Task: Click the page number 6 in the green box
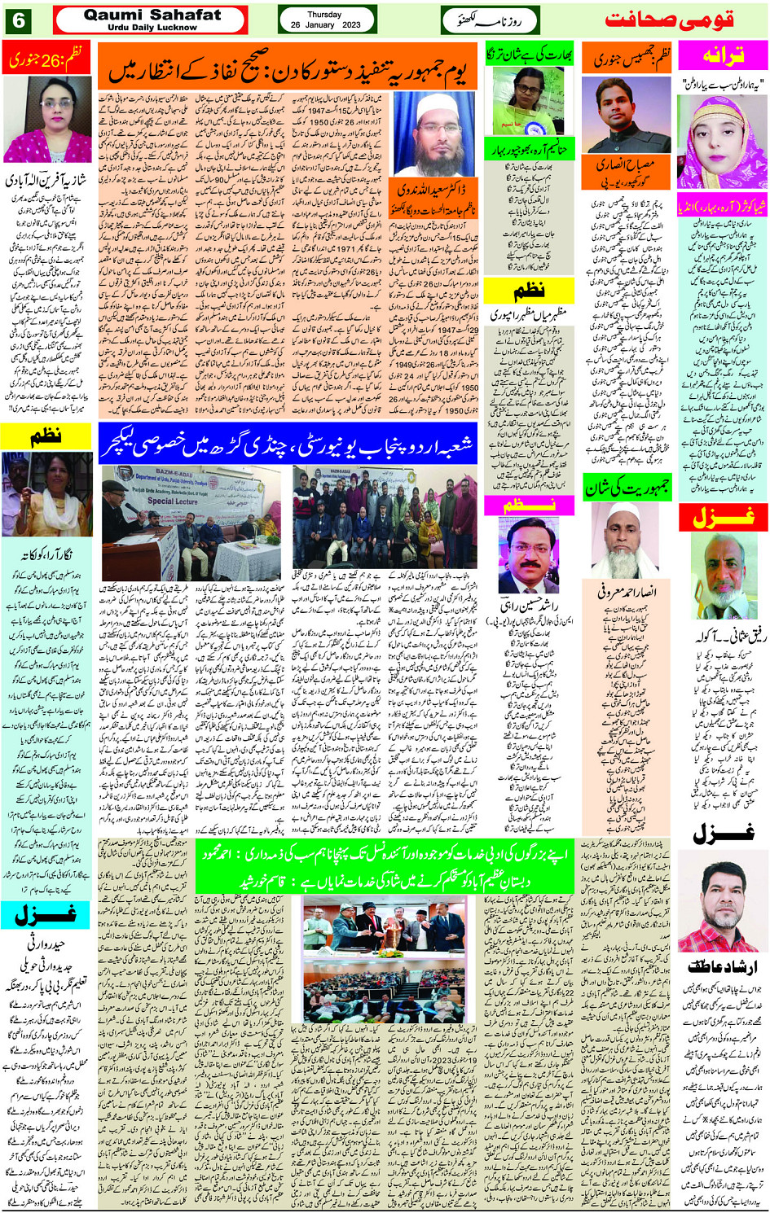(17, 20)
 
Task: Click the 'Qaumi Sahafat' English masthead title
(152, 15)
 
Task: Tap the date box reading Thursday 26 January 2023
(326, 20)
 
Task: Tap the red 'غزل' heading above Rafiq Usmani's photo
(722, 516)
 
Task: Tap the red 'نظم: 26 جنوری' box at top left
(46, 59)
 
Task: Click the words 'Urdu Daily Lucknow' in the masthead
(152, 28)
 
